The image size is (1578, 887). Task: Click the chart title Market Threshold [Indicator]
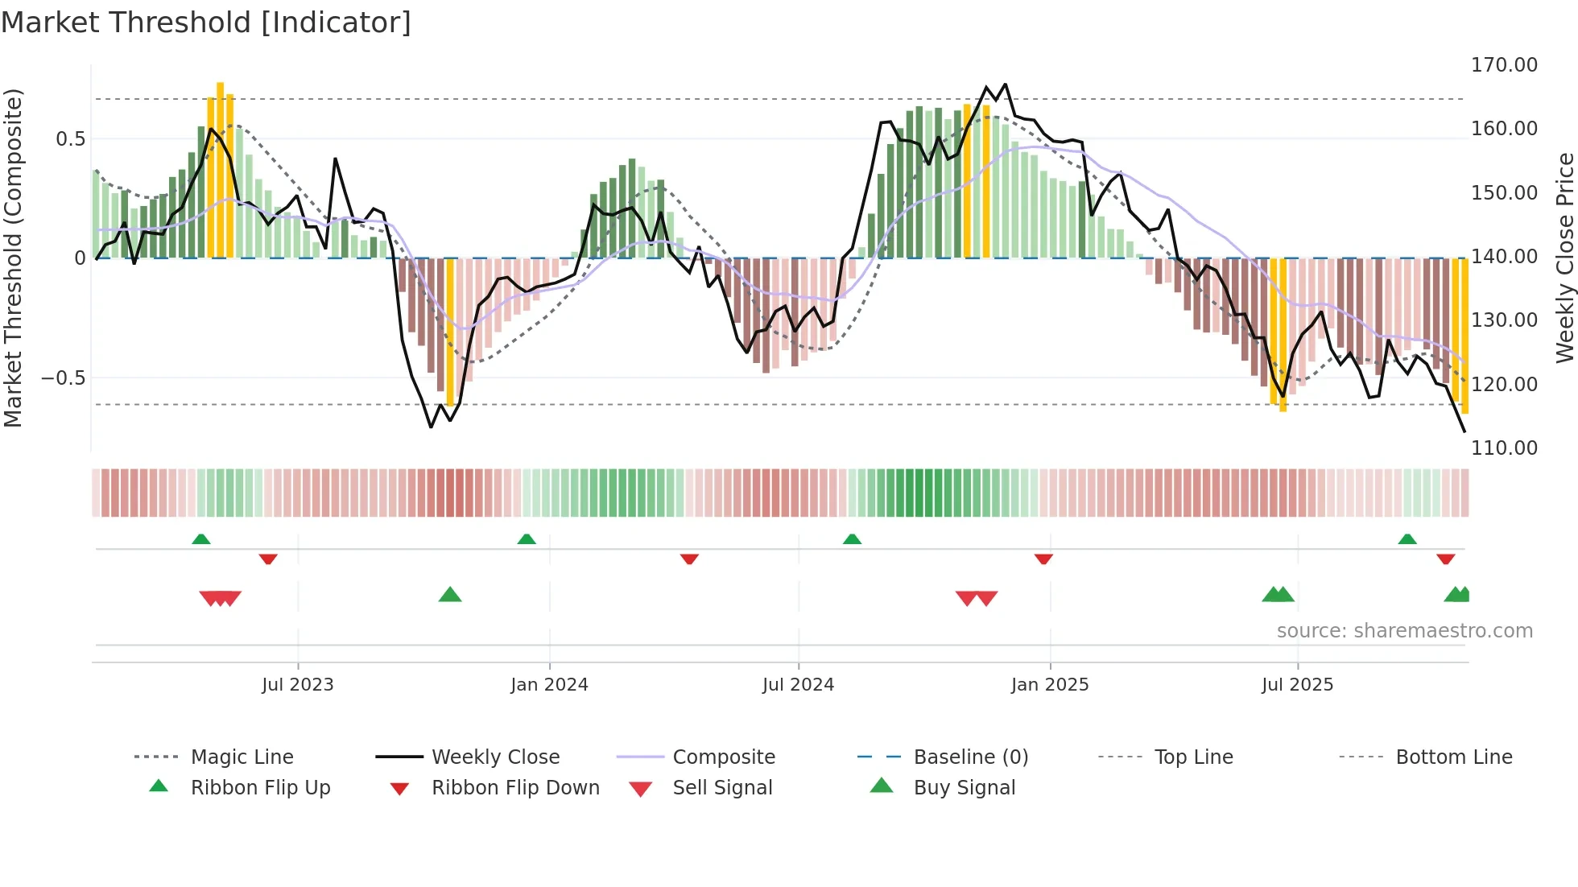point(206,23)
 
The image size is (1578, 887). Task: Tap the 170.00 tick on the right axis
point(1504,65)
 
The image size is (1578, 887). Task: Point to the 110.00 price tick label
point(1504,448)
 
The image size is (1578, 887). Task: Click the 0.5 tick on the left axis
point(70,139)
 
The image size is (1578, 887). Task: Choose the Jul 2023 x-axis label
point(297,685)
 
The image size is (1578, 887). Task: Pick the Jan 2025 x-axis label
point(1049,685)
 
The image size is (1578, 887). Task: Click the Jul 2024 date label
point(798,685)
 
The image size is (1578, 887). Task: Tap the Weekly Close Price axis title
point(1564,258)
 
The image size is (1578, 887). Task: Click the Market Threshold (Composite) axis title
point(13,258)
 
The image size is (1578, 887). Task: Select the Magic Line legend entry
point(242,757)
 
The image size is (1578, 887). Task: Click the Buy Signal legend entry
point(964,788)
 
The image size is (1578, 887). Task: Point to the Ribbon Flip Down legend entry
point(515,788)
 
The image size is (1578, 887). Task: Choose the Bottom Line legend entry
point(1453,757)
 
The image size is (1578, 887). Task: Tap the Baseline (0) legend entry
point(970,757)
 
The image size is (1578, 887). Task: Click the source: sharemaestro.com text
point(1404,631)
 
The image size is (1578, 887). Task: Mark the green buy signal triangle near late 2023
point(450,595)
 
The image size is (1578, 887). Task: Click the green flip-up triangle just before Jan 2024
point(527,538)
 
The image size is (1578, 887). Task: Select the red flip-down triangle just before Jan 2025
point(1043,559)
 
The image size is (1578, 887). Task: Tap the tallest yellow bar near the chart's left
point(220,169)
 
